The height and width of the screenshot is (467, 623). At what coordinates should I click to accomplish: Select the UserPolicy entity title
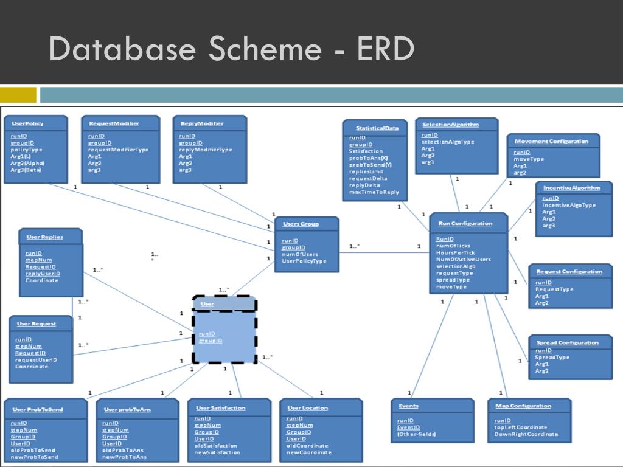pos(27,123)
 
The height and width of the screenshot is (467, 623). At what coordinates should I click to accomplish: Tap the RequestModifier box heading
pos(114,123)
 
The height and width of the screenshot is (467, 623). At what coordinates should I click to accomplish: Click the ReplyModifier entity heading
pos(202,123)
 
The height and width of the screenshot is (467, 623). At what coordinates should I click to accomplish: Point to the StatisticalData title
pos(377,128)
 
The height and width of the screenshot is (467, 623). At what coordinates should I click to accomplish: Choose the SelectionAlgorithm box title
pos(451,125)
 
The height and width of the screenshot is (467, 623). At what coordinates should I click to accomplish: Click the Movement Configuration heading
pos(551,141)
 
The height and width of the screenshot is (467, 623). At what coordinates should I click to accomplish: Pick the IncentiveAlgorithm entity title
pos(572,188)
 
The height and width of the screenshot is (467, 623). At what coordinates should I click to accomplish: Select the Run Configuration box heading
pos(465,223)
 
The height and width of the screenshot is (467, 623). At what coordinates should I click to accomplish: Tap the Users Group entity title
pos(301,224)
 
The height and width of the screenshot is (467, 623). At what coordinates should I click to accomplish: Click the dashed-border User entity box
pos(224,330)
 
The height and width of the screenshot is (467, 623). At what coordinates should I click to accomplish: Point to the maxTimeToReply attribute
pos(374,192)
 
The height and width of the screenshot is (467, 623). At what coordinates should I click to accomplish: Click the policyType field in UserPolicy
pos(27,150)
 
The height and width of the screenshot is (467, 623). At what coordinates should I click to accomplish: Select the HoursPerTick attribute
pos(455,252)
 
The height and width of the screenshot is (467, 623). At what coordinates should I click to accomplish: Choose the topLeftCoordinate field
pos(521,427)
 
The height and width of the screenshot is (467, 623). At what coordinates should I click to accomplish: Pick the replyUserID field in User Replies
pos(43,274)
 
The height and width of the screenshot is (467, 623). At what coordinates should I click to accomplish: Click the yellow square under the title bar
pos(18,95)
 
